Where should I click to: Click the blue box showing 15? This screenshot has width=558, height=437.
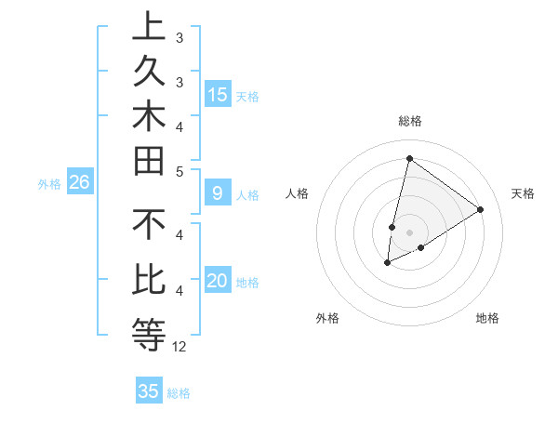coord(218,94)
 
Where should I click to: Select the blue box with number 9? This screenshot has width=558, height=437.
coord(218,193)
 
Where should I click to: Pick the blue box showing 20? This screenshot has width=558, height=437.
coord(218,282)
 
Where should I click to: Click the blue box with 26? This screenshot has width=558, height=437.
coord(79,182)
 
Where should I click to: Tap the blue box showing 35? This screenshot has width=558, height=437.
coord(149,391)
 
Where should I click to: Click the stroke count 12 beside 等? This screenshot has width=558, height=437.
coord(179,346)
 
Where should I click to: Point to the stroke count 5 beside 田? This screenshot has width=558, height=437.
coord(179,171)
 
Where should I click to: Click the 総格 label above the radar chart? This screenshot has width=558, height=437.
coord(409,121)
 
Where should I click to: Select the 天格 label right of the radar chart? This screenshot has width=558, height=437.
coord(523,193)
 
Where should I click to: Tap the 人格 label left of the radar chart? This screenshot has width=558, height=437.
coord(297,193)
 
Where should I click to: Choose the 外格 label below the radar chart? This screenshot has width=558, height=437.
coord(327,319)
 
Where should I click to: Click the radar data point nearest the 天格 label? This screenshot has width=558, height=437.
coord(480,209)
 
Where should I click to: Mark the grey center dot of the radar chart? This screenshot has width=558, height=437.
coord(409,232)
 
